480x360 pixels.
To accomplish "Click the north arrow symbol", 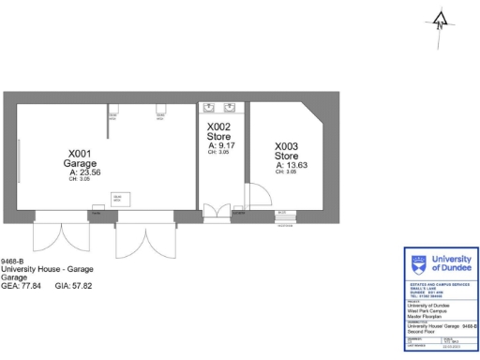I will click(442, 18).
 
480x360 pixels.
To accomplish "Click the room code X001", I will click(80, 153).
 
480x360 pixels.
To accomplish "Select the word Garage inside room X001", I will click(80, 163).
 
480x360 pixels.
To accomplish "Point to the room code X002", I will click(218, 127).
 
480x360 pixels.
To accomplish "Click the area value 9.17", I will click(225, 145).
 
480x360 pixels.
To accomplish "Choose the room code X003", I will click(286, 146).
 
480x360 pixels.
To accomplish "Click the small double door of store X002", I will click(217, 211).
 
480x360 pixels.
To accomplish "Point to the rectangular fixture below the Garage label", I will click(119, 199).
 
